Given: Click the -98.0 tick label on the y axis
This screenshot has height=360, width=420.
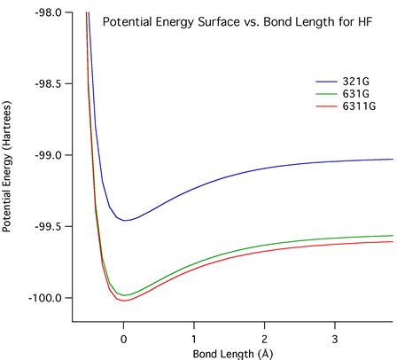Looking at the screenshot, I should pyautogui.click(x=48, y=13).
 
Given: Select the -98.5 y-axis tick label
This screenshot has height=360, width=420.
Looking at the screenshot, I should pyautogui.click(x=48, y=84).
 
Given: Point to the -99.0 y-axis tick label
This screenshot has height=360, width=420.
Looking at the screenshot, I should pyautogui.click(x=48, y=155).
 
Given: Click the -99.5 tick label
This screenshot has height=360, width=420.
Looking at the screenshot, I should pyautogui.click(x=48, y=227).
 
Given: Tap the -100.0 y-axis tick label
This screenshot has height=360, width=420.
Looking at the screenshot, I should pyautogui.click(x=46, y=298).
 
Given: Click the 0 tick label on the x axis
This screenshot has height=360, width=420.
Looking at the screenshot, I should pyautogui.click(x=124, y=338).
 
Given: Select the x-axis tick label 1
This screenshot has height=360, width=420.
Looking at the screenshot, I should pyautogui.click(x=194, y=338).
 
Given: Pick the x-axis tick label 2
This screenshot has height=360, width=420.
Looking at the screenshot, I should pyautogui.click(x=264, y=338).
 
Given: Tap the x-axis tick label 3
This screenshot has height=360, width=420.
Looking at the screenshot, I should pyautogui.click(x=334, y=338).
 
